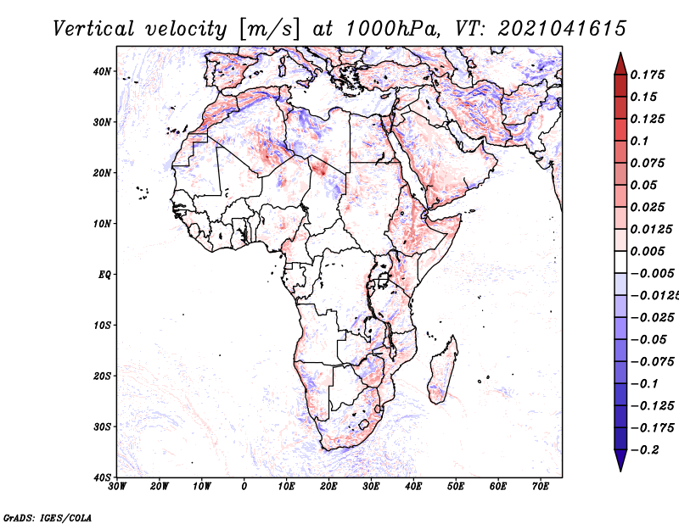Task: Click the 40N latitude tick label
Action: pos(102,71)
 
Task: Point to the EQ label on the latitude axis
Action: pos(104,275)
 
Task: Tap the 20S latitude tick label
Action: pos(102,376)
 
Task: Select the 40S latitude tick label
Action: pos(102,477)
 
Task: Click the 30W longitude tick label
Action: pos(117,487)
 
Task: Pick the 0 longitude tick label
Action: pos(244,487)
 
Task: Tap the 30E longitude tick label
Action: pos(371,487)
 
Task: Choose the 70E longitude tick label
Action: pos(541,487)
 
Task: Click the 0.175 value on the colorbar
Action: pos(647,75)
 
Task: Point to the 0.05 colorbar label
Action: pos(644,185)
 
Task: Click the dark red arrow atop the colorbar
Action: pos(620,64)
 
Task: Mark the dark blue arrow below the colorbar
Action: pos(620,460)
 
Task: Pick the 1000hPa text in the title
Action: pos(393,29)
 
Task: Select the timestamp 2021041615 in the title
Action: pos(562,29)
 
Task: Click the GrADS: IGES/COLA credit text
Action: pos(48,518)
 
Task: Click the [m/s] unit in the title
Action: pos(269,29)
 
